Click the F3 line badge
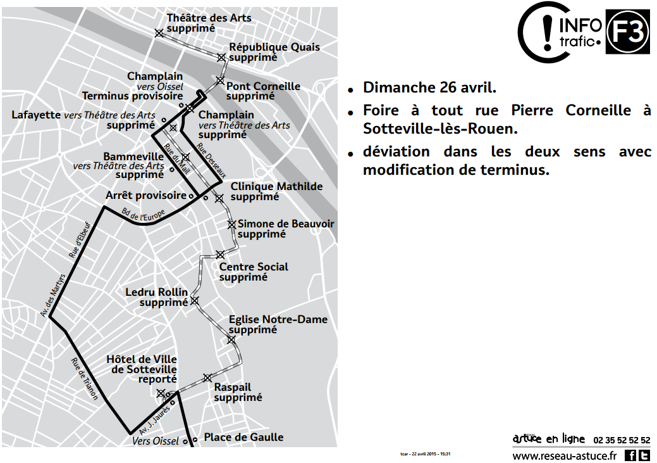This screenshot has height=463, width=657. [x=628, y=32]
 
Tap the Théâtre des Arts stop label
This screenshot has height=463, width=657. [x=209, y=18]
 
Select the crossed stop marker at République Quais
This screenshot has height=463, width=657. [x=221, y=58]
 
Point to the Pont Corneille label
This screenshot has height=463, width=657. [x=263, y=86]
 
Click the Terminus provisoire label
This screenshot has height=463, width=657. [x=132, y=96]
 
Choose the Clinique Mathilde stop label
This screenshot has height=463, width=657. [x=276, y=186]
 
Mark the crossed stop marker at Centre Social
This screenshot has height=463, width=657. [x=220, y=255]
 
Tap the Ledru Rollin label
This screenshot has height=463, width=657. [x=157, y=292]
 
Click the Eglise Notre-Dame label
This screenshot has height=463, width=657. [x=278, y=319]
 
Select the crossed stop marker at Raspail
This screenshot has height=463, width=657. [x=207, y=378]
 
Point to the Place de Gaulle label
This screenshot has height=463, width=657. [x=243, y=437]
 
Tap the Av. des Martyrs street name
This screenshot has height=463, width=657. [x=57, y=297]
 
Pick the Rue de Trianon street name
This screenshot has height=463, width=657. [x=85, y=379]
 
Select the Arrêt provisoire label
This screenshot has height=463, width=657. [x=146, y=196]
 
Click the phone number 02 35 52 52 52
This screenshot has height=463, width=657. [x=622, y=440]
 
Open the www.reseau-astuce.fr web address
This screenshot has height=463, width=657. [x=564, y=455]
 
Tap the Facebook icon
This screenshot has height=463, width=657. [x=630, y=455]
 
